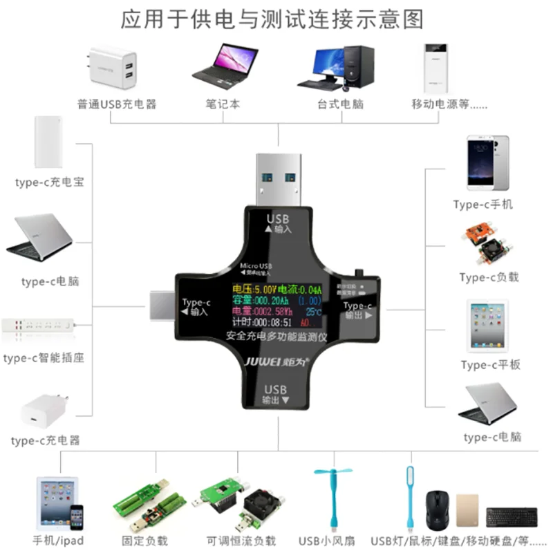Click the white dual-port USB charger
(112, 67)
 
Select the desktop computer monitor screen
(326, 63)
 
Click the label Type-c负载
(489, 277)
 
